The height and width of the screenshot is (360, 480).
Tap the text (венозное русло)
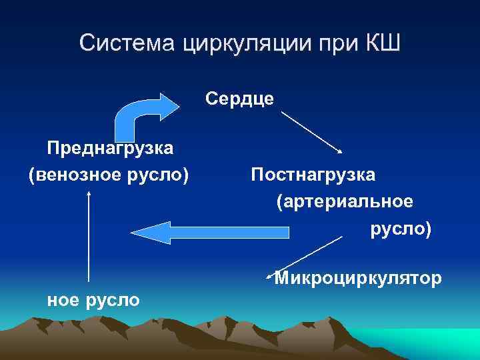point(109,175)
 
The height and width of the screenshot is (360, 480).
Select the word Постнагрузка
point(313,175)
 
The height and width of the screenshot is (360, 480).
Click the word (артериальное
point(345,201)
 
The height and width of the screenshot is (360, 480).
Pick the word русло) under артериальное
point(401,229)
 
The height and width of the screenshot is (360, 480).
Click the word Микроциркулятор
point(358,278)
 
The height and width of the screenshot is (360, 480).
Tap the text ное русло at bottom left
point(93,300)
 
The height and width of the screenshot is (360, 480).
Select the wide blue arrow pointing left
point(213,231)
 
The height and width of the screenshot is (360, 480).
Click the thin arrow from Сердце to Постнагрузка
point(312,133)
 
